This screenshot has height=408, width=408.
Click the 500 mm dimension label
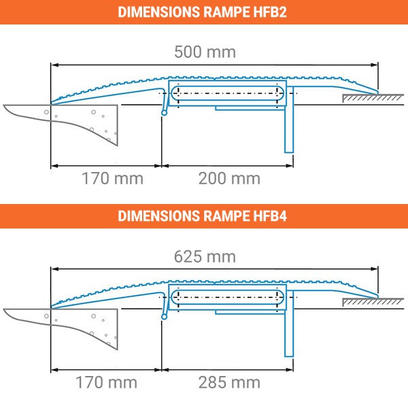pos(204,52)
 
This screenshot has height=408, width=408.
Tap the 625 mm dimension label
pos(204,256)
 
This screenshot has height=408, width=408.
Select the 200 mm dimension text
pos(229,179)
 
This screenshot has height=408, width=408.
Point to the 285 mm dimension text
pos(229,383)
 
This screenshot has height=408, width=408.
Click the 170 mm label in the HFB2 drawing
pos(112,179)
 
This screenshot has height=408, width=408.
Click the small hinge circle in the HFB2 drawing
pos(165,114)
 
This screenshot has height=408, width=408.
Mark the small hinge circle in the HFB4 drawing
pos(165,315)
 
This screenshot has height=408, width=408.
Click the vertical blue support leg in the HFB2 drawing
pos(289,129)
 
